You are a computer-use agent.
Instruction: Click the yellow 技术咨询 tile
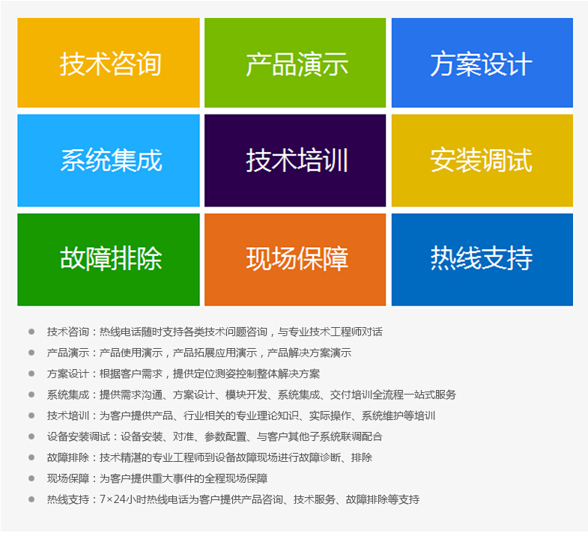tap(109, 63)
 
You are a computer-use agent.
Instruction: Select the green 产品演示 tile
tap(295, 63)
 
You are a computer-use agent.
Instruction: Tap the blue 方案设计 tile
tap(482, 63)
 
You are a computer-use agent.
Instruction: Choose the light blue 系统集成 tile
tap(109, 160)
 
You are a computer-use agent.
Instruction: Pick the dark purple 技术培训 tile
tap(295, 160)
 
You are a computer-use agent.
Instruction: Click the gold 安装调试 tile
tap(482, 160)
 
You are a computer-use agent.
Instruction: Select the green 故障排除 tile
tap(109, 259)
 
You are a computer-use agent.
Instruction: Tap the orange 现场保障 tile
tap(295, 259)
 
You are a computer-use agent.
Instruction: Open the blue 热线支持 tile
tap(482, 259)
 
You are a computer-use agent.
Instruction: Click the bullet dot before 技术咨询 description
tap(31, 332)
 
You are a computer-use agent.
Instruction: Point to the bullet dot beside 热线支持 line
tap(31, 499)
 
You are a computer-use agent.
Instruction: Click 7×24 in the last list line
tap(112, 499)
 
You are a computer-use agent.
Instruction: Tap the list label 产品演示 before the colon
tap(68, 353)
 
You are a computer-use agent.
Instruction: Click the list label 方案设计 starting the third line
tap(68, 374)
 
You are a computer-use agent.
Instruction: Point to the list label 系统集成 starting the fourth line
tap(68, 395)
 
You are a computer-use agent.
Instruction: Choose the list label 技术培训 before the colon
tap(68, 415)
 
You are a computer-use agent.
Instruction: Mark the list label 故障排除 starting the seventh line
tap(68, 457)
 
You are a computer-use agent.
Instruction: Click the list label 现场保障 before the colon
tap(68, 478)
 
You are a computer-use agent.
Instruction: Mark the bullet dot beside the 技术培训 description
tap(31, 415)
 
